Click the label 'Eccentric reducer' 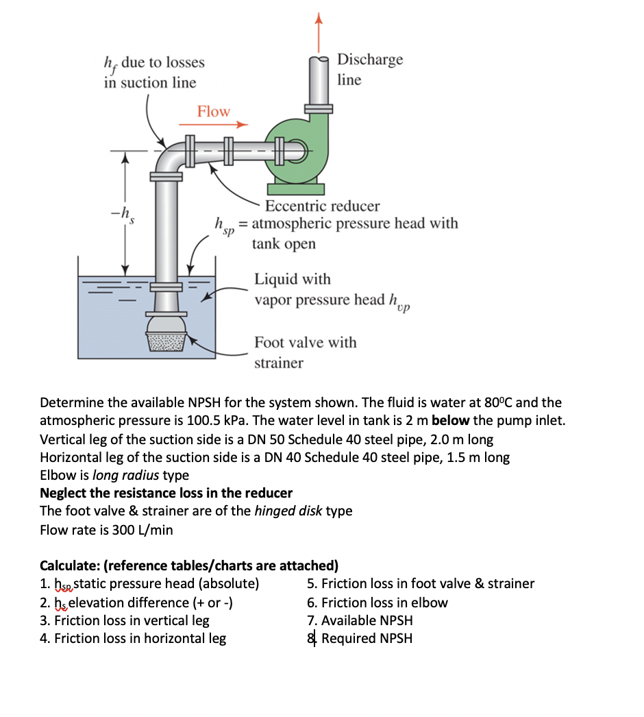[x=322, y=206]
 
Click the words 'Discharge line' [x=369, y=69]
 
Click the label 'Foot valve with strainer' [x=305, y=352]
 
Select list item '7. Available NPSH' [x=360, y=620]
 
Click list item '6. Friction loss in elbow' [x=377, y=603]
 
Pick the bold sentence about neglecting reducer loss [x=166, y=494]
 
